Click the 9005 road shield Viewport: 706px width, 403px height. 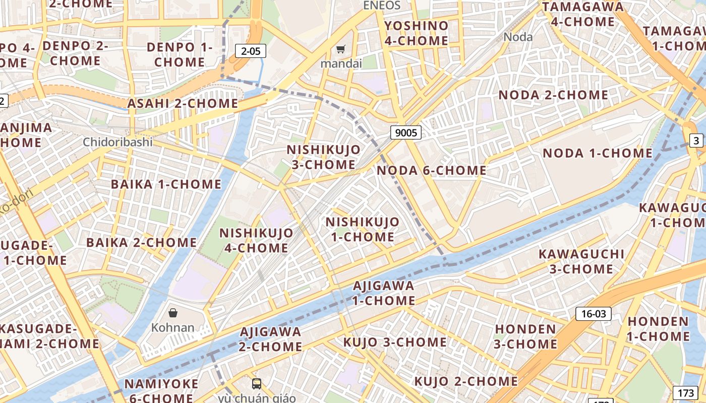405,132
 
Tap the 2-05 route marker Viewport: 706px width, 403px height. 251,50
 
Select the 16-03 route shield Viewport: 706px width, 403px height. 593,314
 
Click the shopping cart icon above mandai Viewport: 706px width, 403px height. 341,49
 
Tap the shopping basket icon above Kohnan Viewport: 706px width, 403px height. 173,313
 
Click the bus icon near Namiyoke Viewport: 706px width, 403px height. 257,384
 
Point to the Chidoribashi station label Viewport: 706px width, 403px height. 117,142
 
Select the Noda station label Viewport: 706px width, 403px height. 518,36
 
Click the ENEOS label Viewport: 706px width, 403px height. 382,6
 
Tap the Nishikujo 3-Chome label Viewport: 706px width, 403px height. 324,157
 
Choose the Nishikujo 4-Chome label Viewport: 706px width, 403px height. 256,240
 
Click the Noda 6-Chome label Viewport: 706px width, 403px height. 432,170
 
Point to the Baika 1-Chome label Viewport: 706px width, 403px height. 166,184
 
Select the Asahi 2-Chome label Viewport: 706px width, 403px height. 183,103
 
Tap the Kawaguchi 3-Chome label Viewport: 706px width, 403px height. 581,261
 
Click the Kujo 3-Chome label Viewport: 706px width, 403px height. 395,342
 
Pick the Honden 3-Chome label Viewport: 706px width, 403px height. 525,337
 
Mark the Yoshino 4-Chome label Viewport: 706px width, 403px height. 416,33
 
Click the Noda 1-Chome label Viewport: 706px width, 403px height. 598,153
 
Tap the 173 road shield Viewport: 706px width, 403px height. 686,392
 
